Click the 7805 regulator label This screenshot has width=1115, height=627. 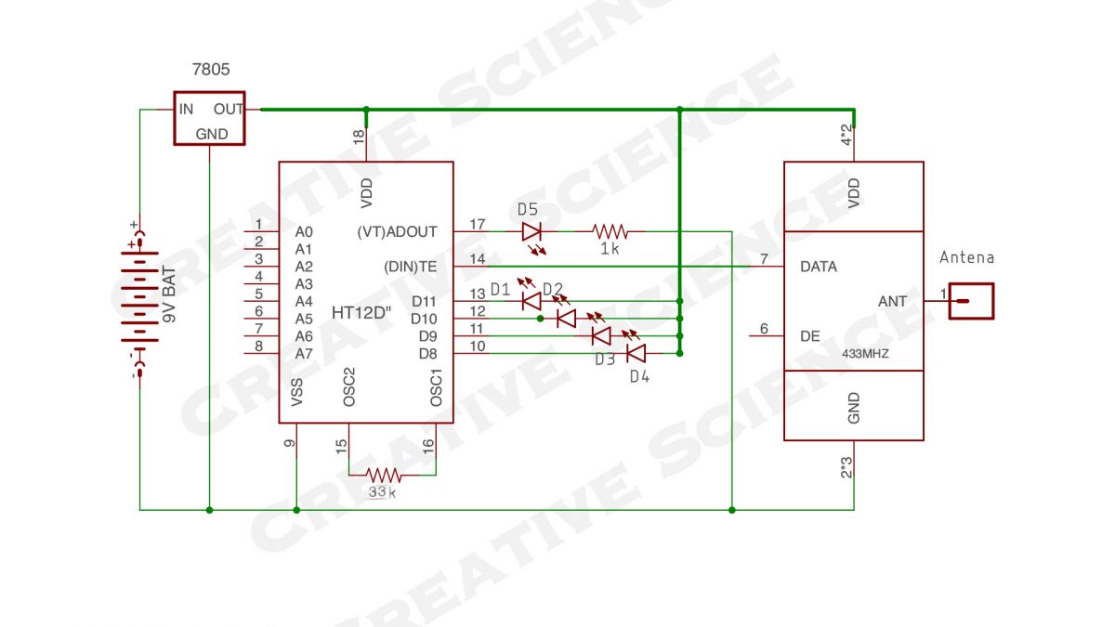[x=211, y=69]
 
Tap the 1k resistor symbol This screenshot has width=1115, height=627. [x=610, y=231]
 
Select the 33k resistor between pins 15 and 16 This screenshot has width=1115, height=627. [x=383, y=476]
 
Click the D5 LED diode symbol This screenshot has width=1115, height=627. [x=531, y=232]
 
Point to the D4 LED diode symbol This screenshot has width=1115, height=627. [x=636, y=353]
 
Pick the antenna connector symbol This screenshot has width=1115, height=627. [x=971, y=301]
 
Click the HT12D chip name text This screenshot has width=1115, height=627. [x=361, y=313]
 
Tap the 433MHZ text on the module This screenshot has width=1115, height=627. [x=865, y=354]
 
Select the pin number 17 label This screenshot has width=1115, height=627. [x=478, y=225]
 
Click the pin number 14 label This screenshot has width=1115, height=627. [x=478, y=259]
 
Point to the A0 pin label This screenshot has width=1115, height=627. [x=304, y=232]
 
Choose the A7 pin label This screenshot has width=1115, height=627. [x=304, y=354]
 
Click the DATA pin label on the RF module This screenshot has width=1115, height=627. [x=819, y=267]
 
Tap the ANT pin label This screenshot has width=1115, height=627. [x=892, y=302]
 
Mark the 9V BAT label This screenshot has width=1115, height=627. [x=169, y=294]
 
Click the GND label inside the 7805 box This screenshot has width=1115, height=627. [x=212, y=135]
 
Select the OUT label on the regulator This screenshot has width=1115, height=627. [x=228, y=109]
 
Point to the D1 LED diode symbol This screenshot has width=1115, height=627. [x=531, y=301]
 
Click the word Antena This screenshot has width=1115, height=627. [x=966, y=258]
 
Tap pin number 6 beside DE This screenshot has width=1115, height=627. [x=764, y=329]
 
